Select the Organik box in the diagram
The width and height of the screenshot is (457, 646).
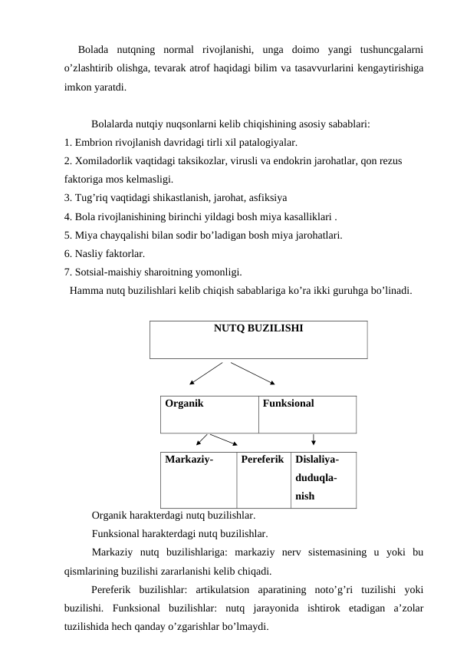pyautogui.click(x=210, y=414)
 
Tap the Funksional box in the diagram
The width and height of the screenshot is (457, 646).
pyautogui.click(x=307, y=414)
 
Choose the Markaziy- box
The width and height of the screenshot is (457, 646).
pyautogui.click(x=199, y=480)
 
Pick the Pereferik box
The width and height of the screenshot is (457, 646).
pyautogui.click(x=262, y=480)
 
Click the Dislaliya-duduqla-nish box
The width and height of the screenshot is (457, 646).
pyautogui.click(x=323, y=480)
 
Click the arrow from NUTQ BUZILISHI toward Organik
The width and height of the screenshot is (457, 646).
pyautogui.click(x=205, y=372)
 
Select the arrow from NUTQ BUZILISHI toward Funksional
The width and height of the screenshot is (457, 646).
pyautogui.click(x=255, y=372)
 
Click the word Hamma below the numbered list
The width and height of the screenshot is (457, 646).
pyautogui.click(x=87, y=291)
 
